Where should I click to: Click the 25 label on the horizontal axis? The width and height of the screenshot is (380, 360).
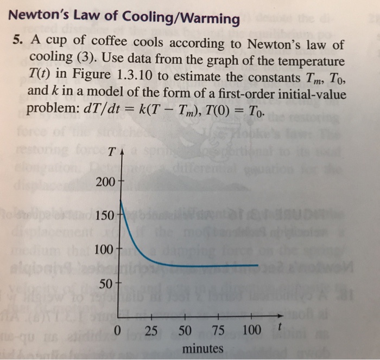[x=153, y=329]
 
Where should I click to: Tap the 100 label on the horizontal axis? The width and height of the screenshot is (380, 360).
[x=252, y=329]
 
